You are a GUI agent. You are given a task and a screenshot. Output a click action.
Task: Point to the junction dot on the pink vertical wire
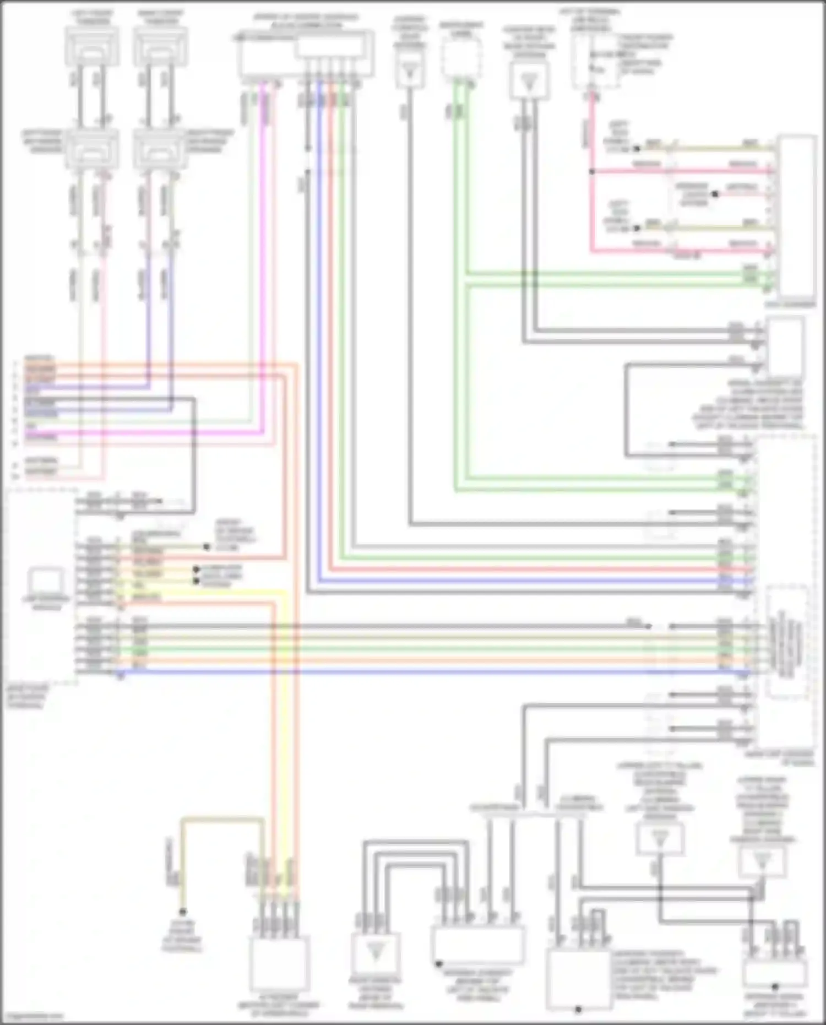592,172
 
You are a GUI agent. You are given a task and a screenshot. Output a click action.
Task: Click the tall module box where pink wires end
796,215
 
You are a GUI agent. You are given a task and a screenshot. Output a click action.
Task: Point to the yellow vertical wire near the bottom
285,771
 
